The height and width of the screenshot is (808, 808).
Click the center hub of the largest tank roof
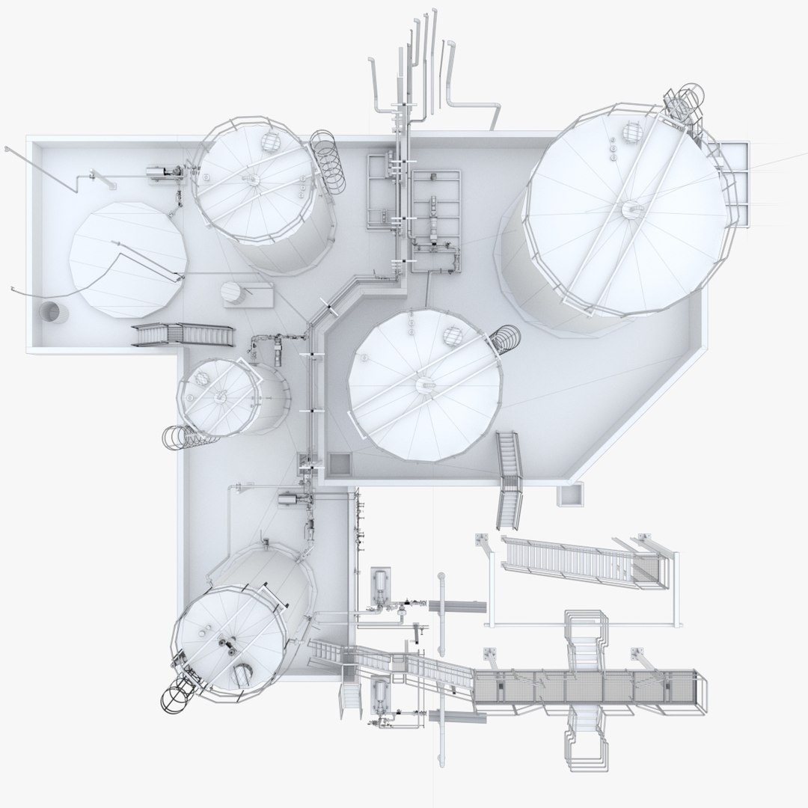point(630,209)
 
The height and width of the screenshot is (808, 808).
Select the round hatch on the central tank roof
point(452,336)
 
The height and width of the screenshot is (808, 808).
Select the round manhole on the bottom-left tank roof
point(242,673)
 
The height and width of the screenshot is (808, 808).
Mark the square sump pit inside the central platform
point(339,464)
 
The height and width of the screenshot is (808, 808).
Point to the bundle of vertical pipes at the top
point(419,67)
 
